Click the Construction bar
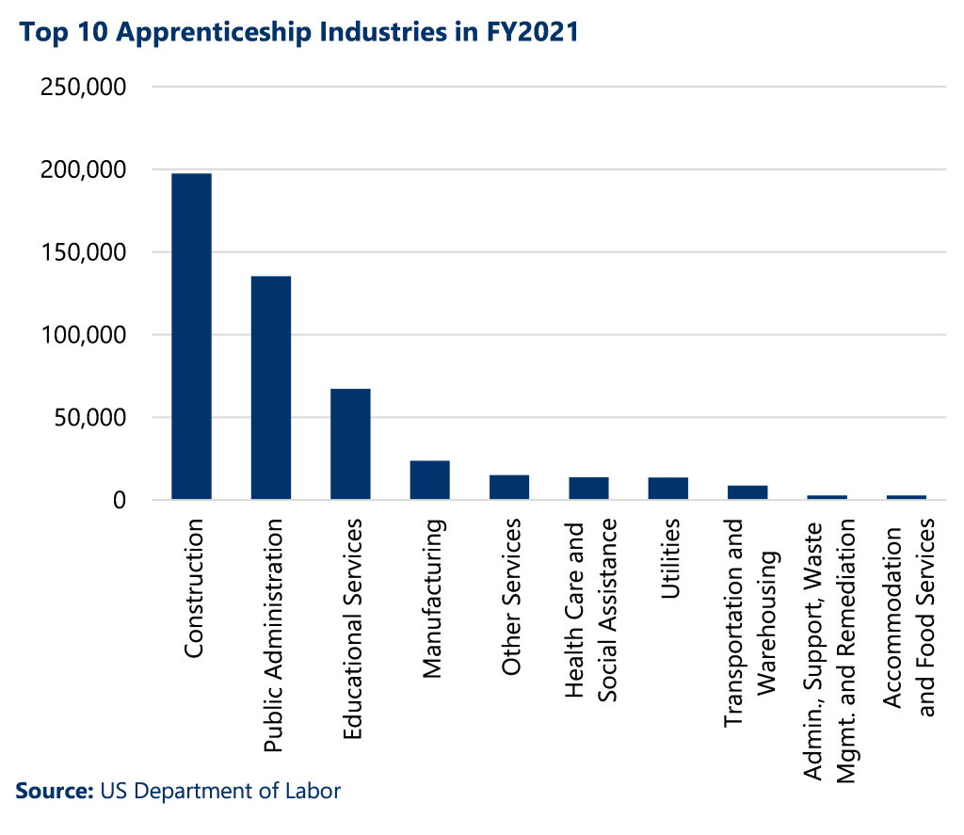(191, 336)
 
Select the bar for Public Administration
(270, 388)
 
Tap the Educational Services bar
(350, 443)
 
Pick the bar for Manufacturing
(429, 480)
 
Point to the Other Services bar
(508, 488)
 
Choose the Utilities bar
(667, 489)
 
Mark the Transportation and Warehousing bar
(747, 492)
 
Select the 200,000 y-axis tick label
(86, 170)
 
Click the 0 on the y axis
(120, 500)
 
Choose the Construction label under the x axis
(194, 589)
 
